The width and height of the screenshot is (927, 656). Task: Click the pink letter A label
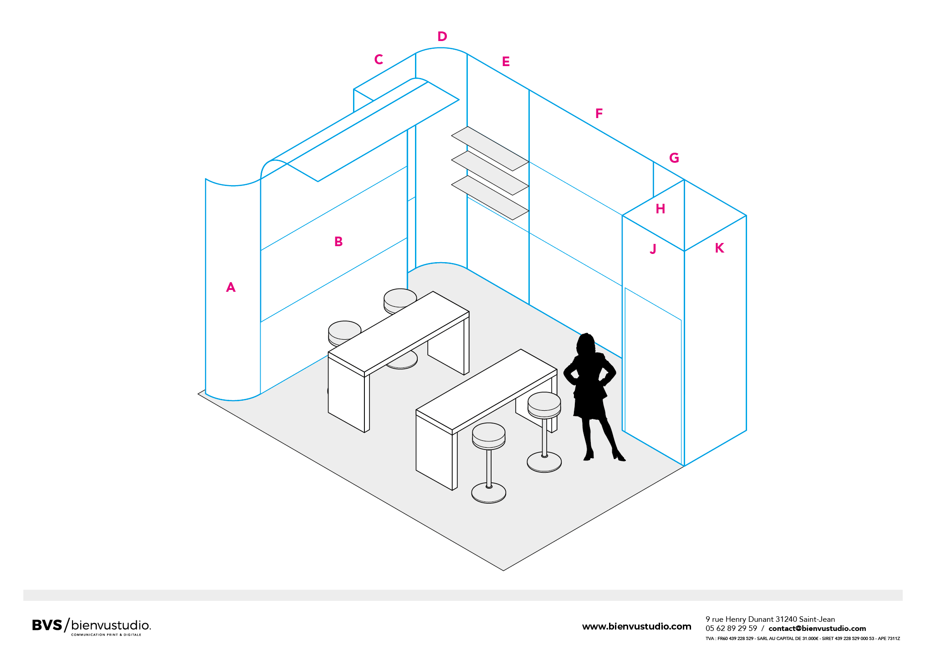(231, 287)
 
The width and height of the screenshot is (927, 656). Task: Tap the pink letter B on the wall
(338, 242)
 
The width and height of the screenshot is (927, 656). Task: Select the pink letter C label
(379, 59)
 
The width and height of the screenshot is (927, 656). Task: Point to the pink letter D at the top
(442, 36)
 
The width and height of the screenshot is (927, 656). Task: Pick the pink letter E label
(506, 62)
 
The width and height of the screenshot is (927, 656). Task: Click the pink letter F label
(599, 114)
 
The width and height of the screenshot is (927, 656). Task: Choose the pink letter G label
(674, 158)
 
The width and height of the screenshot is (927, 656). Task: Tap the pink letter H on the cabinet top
(661, 209)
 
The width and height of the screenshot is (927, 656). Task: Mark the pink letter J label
(653, 249)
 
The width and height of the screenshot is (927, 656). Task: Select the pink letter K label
(720, 248)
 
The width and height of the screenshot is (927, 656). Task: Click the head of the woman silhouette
(586, 343)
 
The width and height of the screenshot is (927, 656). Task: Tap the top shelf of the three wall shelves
(490, 149)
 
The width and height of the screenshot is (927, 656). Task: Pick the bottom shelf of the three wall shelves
(490, 198)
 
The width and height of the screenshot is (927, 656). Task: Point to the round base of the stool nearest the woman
(544, 462)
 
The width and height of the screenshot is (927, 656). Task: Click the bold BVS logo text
(47, 625)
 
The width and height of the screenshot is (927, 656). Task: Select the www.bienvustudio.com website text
(636, 627)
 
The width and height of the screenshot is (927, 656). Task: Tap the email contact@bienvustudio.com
(817, 629)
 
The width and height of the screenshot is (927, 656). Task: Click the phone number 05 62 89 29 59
(731, 629)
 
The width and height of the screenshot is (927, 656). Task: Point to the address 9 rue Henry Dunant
(740, 620)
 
